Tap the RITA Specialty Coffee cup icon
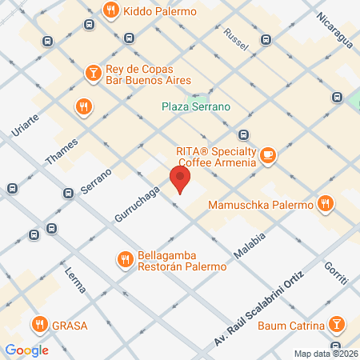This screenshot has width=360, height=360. click(268, 154)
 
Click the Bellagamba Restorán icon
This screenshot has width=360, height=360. click(124, 259)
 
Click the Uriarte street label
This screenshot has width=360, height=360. click(26, 119)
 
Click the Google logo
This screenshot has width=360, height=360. click(26, 350)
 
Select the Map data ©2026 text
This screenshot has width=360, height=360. click(326, 354)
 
